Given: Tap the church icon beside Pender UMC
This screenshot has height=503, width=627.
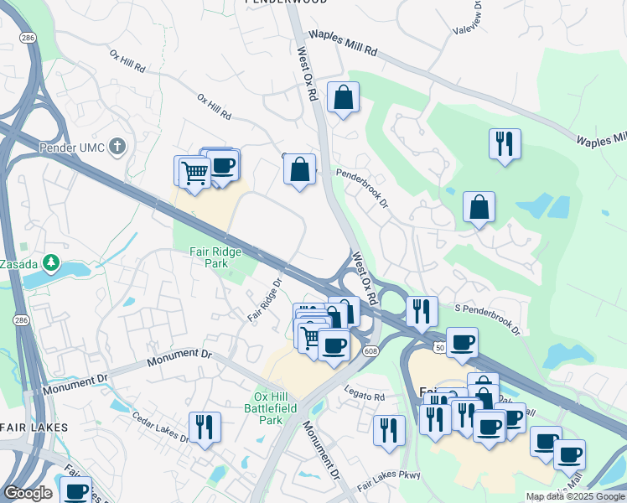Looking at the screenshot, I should (x=117, y=148).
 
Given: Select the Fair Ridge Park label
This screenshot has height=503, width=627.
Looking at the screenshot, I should (x=205, y=256).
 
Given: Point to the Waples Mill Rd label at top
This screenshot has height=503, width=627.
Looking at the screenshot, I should (x=343, y=43).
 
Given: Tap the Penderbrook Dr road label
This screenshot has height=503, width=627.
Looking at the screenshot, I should (x=362, y=189).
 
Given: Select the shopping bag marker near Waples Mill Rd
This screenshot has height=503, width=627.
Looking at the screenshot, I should (x=343, y=98).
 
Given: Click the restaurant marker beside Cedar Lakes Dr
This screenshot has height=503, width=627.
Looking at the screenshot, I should (x=205, y=428).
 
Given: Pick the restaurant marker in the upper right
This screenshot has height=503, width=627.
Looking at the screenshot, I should (x=505, y=144).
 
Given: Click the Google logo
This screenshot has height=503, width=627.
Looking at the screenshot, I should (x=28, y=494).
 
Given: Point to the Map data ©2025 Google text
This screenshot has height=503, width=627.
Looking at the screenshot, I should (x=575, y=496).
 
